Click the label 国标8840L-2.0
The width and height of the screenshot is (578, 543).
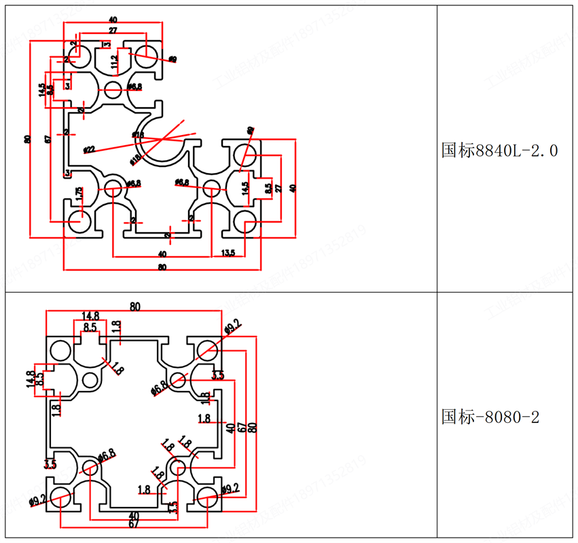click(x=499, y=150)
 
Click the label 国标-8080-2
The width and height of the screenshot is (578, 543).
click(x=490, y=416)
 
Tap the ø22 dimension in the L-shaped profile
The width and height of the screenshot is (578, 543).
click(x=89, y=149)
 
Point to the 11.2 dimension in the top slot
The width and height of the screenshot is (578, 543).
click(x=114, y=62)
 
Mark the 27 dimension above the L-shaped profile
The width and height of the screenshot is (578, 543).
click(x=113, y=31)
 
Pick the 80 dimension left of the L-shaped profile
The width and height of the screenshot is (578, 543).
click(x=27, y=139)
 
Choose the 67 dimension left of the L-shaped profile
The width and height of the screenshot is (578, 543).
click(x=48, y=139)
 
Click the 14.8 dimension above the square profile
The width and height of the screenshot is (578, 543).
click(x=90, y=316)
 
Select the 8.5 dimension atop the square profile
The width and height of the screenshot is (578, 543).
click(x=90, y=326)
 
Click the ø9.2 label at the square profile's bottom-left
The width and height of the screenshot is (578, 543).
click(x=37, y=501)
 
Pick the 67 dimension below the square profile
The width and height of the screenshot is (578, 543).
click(x=134, y=523)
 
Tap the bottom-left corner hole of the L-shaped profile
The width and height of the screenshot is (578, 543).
click(x=80, y=220)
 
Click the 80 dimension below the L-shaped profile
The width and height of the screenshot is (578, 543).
click(x=162, y=267)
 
